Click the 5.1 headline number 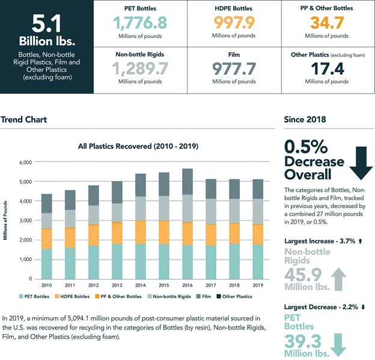pos(46,26)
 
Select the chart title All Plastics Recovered pos(138,146)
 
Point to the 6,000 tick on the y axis pos(24,163)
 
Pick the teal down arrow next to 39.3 pos(356,341)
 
